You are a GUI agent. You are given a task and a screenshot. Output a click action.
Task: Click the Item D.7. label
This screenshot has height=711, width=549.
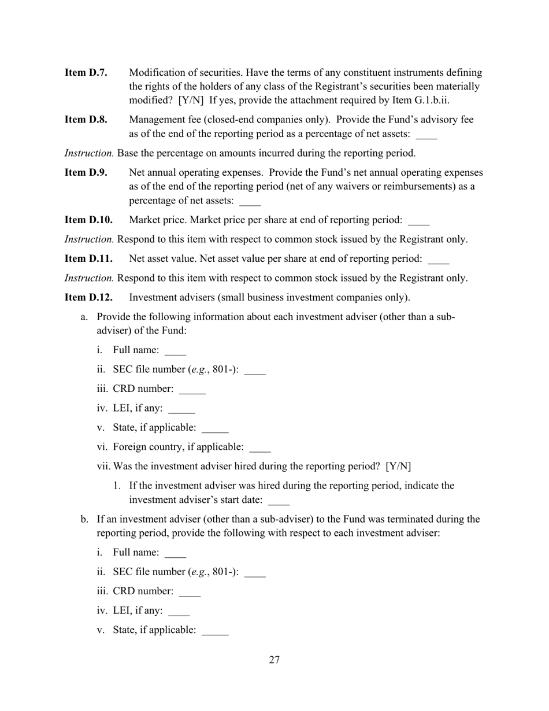pyautogui.click(x=86, y=73)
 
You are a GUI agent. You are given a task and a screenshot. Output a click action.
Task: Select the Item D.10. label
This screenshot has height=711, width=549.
pyautogui.click(x=88, y=220)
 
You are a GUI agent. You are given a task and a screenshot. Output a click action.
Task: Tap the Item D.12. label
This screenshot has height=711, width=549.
pyautogui.click(x=88, y=298)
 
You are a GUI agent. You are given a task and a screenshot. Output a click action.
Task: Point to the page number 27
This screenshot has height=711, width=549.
pyautogui.click(x=274, y=660)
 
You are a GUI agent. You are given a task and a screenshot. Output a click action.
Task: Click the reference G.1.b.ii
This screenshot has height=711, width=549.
pyautogui.click(x=428, y=101)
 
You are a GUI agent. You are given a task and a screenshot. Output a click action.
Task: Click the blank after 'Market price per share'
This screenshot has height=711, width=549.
pyautogui.click(x=418, y=221)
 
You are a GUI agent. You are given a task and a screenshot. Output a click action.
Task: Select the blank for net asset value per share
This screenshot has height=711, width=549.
pyautogui.click(x=438, y=260)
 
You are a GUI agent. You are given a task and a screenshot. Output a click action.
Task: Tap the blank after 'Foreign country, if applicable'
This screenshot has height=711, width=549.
pyautogui.click(x=259, y=449)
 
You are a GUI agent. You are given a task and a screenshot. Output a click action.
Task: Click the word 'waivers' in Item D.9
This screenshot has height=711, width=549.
pyautogui.click(x=363, y=187)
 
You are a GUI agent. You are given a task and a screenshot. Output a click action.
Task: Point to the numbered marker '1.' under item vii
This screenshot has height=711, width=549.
pyautogui.click(x=117, y=486)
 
